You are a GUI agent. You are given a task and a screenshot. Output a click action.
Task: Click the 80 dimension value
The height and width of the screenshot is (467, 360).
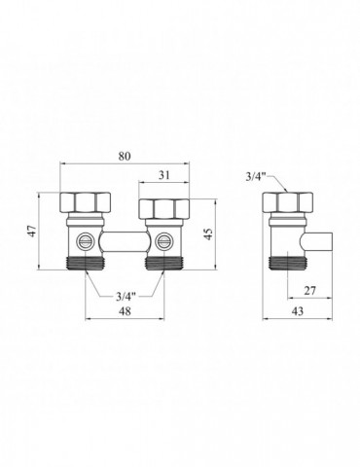click(125, 157)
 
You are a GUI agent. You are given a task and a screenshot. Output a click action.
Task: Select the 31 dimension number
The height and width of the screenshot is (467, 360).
click(164, 175)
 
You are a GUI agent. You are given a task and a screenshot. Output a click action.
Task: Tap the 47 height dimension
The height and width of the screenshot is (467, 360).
click(32, 231)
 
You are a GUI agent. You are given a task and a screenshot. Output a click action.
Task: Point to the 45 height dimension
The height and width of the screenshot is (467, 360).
click(208, 234)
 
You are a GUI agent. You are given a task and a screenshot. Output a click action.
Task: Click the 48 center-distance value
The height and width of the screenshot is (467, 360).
click(125, 311)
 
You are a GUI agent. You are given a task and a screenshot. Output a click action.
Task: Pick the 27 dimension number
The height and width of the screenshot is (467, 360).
click(309, 291)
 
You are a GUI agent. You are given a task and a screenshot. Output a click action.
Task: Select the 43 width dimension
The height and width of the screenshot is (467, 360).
click(298, 311)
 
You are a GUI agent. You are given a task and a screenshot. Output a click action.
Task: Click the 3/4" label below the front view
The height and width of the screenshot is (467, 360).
click(126, 297)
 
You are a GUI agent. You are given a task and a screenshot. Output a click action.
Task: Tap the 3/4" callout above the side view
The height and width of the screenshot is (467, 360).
click(256, 176)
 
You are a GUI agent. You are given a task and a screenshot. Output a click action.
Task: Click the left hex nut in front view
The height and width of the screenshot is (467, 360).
click(86, 203)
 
